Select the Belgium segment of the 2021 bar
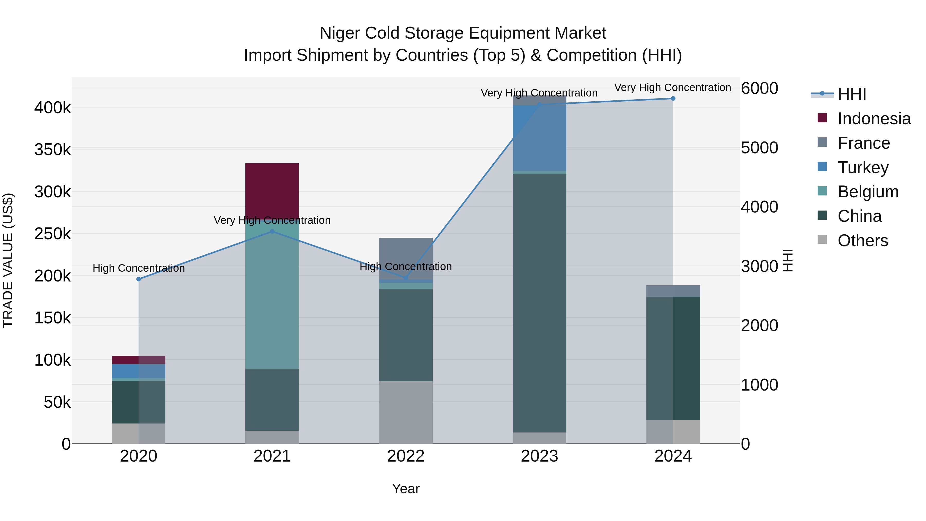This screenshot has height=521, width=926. [x=272, y=295]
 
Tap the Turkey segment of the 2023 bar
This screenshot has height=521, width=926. [x=539, y=138]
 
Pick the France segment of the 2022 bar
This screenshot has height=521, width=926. [x=406, y=258]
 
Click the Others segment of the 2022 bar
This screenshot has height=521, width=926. [x=406, y=412]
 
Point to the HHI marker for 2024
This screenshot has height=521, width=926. [x=673, y=99]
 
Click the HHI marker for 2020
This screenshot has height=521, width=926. [x=139, y=279]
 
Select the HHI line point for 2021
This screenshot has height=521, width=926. [x=272, y=232]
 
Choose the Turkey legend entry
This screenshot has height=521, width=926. [x=863, y=167]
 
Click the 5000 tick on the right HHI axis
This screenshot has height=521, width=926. [x=759, y=148]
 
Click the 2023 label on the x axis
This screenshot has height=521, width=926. [x=539, y=456]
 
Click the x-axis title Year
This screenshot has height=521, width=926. [x=406, y=489]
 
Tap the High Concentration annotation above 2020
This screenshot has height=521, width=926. [x=139, y=268]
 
